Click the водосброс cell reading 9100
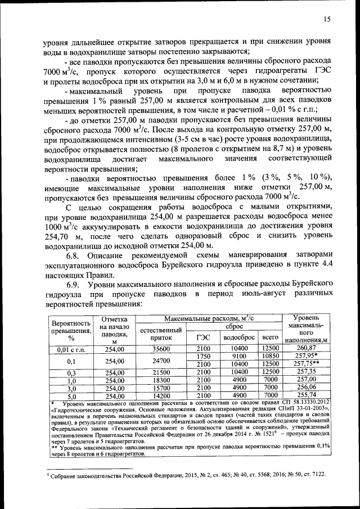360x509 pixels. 240,356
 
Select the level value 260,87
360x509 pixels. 307,349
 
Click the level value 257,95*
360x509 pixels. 308,356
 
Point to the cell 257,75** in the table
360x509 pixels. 308,364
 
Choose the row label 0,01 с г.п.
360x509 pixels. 71,349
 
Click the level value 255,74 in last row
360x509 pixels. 307,395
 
